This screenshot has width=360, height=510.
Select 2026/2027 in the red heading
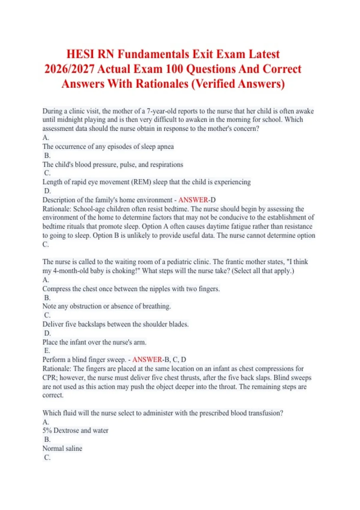[69, 69]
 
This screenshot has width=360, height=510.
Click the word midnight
[73, 120]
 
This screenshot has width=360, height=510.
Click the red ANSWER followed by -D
[193, 200]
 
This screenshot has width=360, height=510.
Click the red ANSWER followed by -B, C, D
[147, 359]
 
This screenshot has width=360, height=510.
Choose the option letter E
[47, 350]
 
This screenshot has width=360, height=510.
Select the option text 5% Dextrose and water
[75, 430]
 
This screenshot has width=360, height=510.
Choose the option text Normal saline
[62, 448]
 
